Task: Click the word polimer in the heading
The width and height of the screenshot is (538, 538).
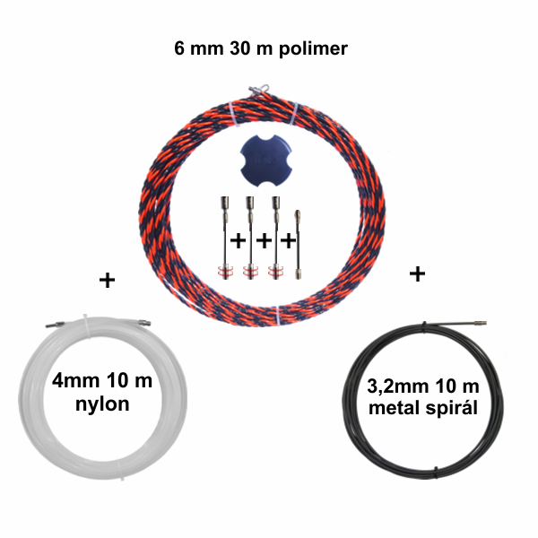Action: (x=313, y=49)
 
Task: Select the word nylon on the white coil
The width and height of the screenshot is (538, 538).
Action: (x=102, y=404)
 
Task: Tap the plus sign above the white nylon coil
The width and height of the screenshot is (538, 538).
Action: (x=107, y=280)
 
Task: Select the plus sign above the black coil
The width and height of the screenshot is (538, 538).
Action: (x=417, y=273)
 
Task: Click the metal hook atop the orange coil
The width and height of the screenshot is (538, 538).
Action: (x=259, y=90)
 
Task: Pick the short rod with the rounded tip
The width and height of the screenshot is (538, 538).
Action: (x=298, y=244)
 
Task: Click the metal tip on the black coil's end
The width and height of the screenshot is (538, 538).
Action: (x=480, y=323)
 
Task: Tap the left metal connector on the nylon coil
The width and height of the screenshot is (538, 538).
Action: (x=55, y=325)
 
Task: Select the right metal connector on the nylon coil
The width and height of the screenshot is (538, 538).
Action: (x=144, y=322)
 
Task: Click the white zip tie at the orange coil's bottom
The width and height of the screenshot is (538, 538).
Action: (x=278, y=315)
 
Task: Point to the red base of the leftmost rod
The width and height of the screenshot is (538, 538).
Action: (x=225, y=271)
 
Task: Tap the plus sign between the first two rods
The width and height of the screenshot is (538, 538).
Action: (x=238, y=240)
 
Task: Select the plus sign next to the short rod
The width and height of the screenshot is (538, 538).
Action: (x=288, y=240)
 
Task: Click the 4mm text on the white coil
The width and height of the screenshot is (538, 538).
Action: (x=75, y=380)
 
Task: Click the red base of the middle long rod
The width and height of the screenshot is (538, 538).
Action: (x=250, y=271)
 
